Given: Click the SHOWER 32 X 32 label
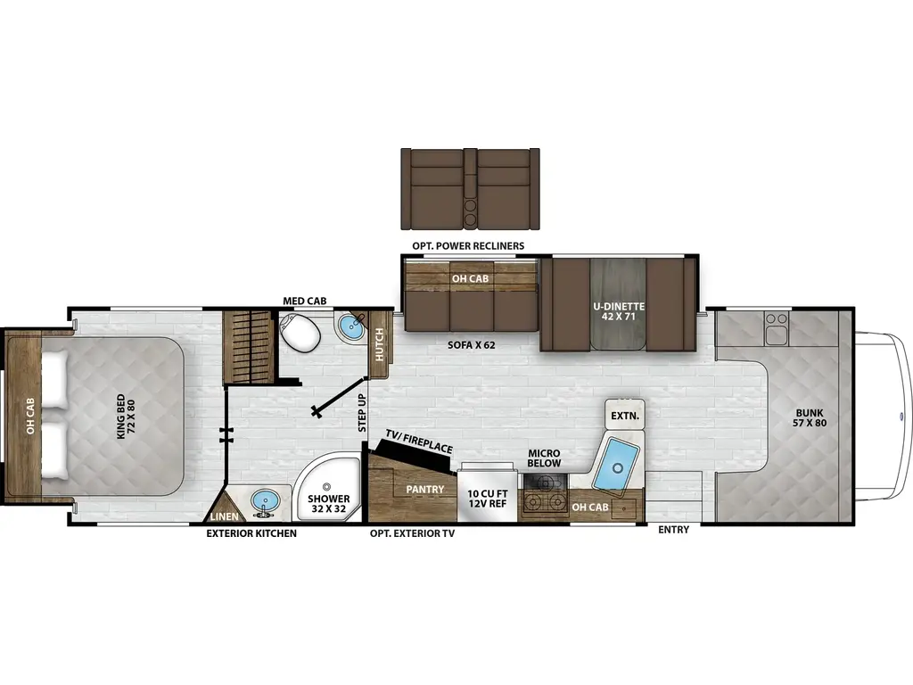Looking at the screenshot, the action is [x=328, y=503].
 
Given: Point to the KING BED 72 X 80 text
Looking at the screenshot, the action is [x=126, y=417].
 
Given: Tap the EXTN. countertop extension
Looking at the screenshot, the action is [x=625, y=415].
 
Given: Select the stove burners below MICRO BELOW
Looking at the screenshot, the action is [x=545, y=495].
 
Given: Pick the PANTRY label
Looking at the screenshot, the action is [x=425, y=490].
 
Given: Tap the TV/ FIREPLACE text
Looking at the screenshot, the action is [x=419, y=442].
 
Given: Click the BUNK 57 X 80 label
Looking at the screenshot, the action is [x=810, y=417].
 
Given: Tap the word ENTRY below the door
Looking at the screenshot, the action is [x=674, y=530].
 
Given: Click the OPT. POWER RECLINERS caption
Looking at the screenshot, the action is [x=468, y=246].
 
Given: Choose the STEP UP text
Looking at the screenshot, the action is [x=362, y=412].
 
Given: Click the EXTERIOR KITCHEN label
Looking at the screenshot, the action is [x=251, y=533].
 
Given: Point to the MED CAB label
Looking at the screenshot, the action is [x=305, y=301].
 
